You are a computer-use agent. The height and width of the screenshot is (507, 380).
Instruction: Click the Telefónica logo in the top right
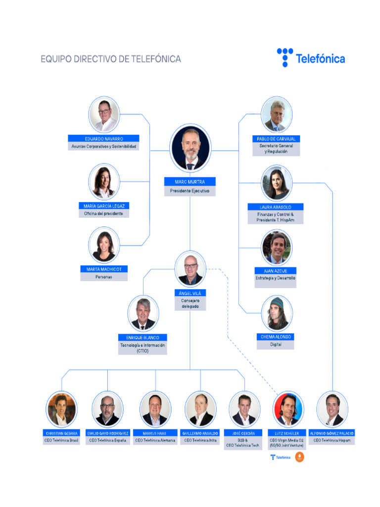coord(311,58)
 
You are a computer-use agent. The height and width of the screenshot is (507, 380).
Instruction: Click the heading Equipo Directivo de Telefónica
coord(111,59)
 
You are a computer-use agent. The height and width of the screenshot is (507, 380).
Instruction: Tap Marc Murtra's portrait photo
coord(190,148)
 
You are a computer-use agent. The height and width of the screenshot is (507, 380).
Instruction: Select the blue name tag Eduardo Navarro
coord(104,139)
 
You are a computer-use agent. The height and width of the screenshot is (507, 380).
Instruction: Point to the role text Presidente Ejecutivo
coord(190,191)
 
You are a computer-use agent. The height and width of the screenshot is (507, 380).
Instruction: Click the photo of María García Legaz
coord(104,182)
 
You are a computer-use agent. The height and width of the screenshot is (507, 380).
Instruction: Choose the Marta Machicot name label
coord(104,269)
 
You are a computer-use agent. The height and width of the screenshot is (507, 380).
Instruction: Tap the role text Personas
coord(104,277)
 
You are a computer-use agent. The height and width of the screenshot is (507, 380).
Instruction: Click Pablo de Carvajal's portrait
coord(277,115)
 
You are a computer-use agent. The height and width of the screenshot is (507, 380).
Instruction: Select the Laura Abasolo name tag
coord(276,207)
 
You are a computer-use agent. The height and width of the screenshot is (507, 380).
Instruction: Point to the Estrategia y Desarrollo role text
coord(276,278)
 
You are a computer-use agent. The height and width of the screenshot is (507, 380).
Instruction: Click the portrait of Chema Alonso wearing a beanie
coord(277,313)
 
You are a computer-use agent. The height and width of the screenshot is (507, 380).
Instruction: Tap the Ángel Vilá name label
coord(190,293)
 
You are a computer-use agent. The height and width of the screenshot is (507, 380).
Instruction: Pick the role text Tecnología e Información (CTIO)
coord(143,348)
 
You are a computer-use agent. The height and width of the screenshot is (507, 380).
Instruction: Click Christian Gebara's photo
coord(62,409)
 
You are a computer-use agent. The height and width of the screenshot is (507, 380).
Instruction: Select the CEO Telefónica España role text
coord(107,440)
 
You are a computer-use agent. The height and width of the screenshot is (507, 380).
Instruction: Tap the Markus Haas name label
coord(155,433)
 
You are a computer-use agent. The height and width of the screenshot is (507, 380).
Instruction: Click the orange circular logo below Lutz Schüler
coord(299,457)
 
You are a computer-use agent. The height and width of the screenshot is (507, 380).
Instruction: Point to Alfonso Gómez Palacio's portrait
coord(332,409)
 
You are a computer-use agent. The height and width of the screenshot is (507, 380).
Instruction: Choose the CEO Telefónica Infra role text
coord(200,440)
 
